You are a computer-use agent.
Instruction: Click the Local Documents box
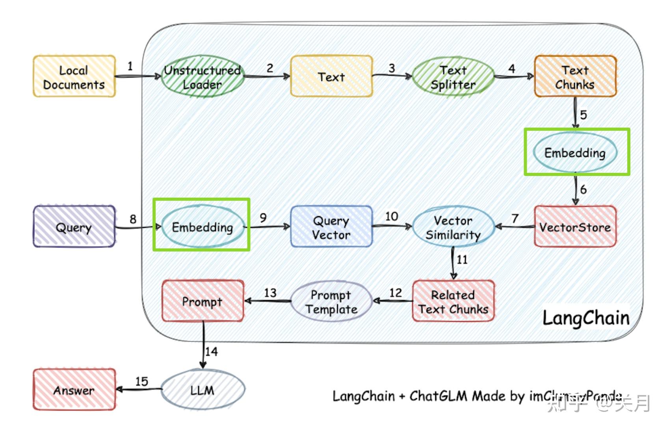click(x=74, y=77)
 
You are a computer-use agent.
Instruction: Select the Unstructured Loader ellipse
click(x=203, y=77)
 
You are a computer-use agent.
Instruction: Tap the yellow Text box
click(x=331, y=77)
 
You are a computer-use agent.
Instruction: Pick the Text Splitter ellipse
click(x=453, y=77)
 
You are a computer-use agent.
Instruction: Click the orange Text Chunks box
click(x=575, y=77)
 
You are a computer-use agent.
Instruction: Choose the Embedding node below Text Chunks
click(x=575, y=153)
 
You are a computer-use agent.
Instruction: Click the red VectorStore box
click(x=575, y=227)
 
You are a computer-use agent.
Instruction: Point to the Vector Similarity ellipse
click(x=453, y=227)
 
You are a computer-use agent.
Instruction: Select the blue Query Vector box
click(x=331, y=227)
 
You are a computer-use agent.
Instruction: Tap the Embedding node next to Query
click(x=203, y=227)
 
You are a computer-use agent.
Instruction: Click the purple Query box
click(x=74, y=227)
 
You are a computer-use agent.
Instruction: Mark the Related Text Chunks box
click(x=453, y=302)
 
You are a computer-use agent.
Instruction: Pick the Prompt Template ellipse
click(x=331, y=302)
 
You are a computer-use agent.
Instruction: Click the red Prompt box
click(x=203, y=302)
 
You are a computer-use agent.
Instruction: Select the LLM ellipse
click(x=203, y=390)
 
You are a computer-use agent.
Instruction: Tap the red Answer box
click(x=74, y=390)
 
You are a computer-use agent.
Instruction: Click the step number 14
click(x=212, y=351)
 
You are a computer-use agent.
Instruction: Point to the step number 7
click(x=515, y=219)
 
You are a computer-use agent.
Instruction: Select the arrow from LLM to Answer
click(x=139, y=390)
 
